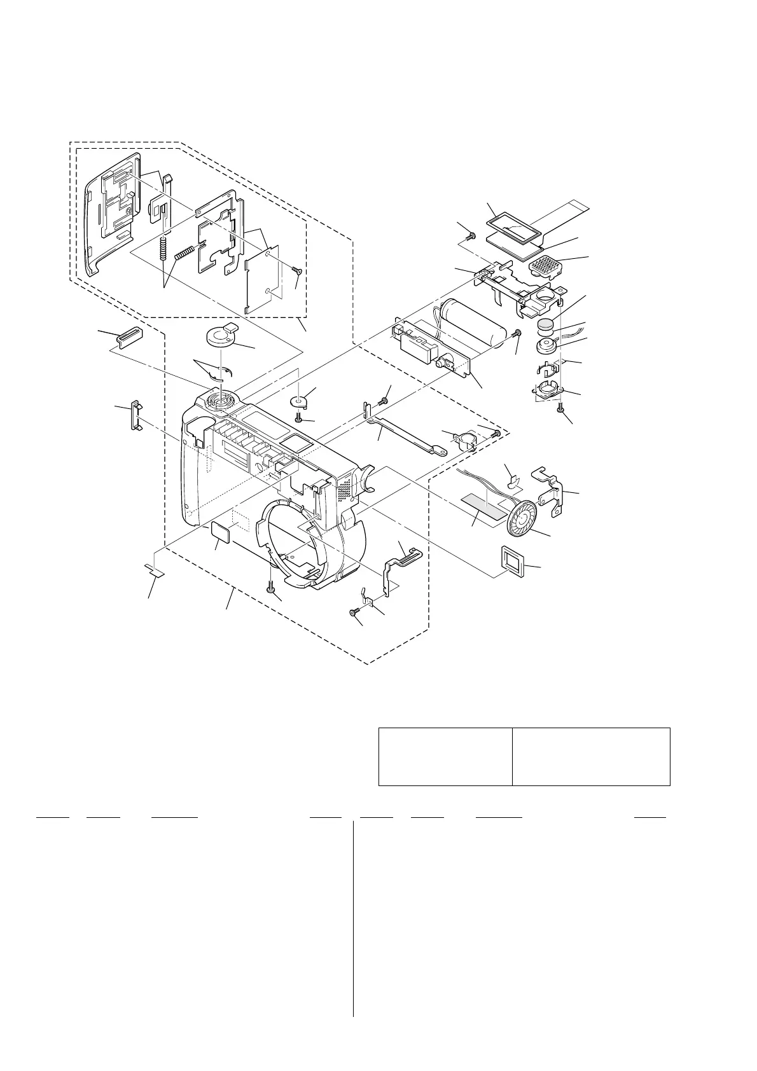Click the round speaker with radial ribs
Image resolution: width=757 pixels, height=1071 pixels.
click(521, 515)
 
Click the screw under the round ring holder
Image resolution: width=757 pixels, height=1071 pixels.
click(560, 408)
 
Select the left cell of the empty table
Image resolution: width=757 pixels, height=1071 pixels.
click(445, 756)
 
